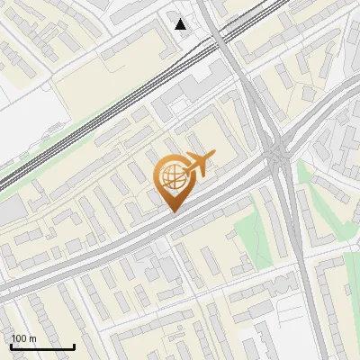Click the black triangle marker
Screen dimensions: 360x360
coord(181,24)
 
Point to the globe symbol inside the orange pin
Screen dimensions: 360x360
coord(171,179)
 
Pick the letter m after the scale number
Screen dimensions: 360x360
coord(33,338)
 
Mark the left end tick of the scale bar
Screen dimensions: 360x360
coord(11,346)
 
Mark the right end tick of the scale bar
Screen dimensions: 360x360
coord(74,346)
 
